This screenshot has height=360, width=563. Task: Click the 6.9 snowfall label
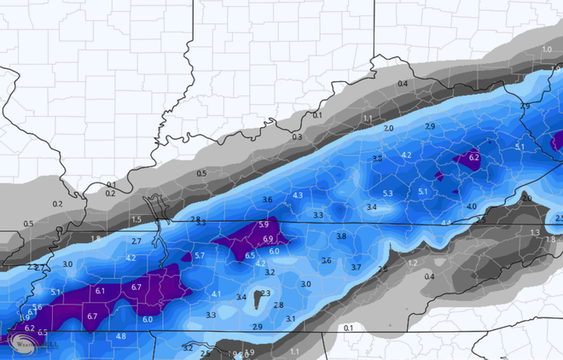click(x=267, y=239)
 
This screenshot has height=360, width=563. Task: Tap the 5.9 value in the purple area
click(x=263, y=225)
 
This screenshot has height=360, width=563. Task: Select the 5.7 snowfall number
click(x=200, y=255)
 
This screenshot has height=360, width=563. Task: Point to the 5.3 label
click(x=388, y=194)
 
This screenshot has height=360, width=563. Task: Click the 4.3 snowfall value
click(x=298, y=196)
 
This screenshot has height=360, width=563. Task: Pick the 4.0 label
click(x=472, y=206)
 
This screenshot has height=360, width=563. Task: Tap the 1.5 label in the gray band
click(x=136, y=219)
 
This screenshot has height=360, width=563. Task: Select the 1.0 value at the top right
click(x=547, y=50)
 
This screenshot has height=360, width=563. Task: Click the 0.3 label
click(x=297, y=137)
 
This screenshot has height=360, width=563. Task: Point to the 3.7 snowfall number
click(x=356, y=267)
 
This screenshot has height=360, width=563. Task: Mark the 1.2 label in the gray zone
click(x=413, y=264)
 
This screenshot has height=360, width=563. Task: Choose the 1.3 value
click(x=535, y=232)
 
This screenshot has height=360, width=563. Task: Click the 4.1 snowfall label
click(x=216, y=294)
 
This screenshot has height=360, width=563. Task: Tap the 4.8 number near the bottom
click(x=120, y=336)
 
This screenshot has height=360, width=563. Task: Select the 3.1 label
click(x=290, y=319)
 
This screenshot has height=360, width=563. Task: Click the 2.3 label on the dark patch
click(x=265, y=293)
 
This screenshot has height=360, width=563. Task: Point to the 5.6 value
click(x=37, y=307)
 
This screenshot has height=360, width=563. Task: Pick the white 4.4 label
click(x=446, y=223)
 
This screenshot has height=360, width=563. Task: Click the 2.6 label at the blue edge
click(x=383, y=270)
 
